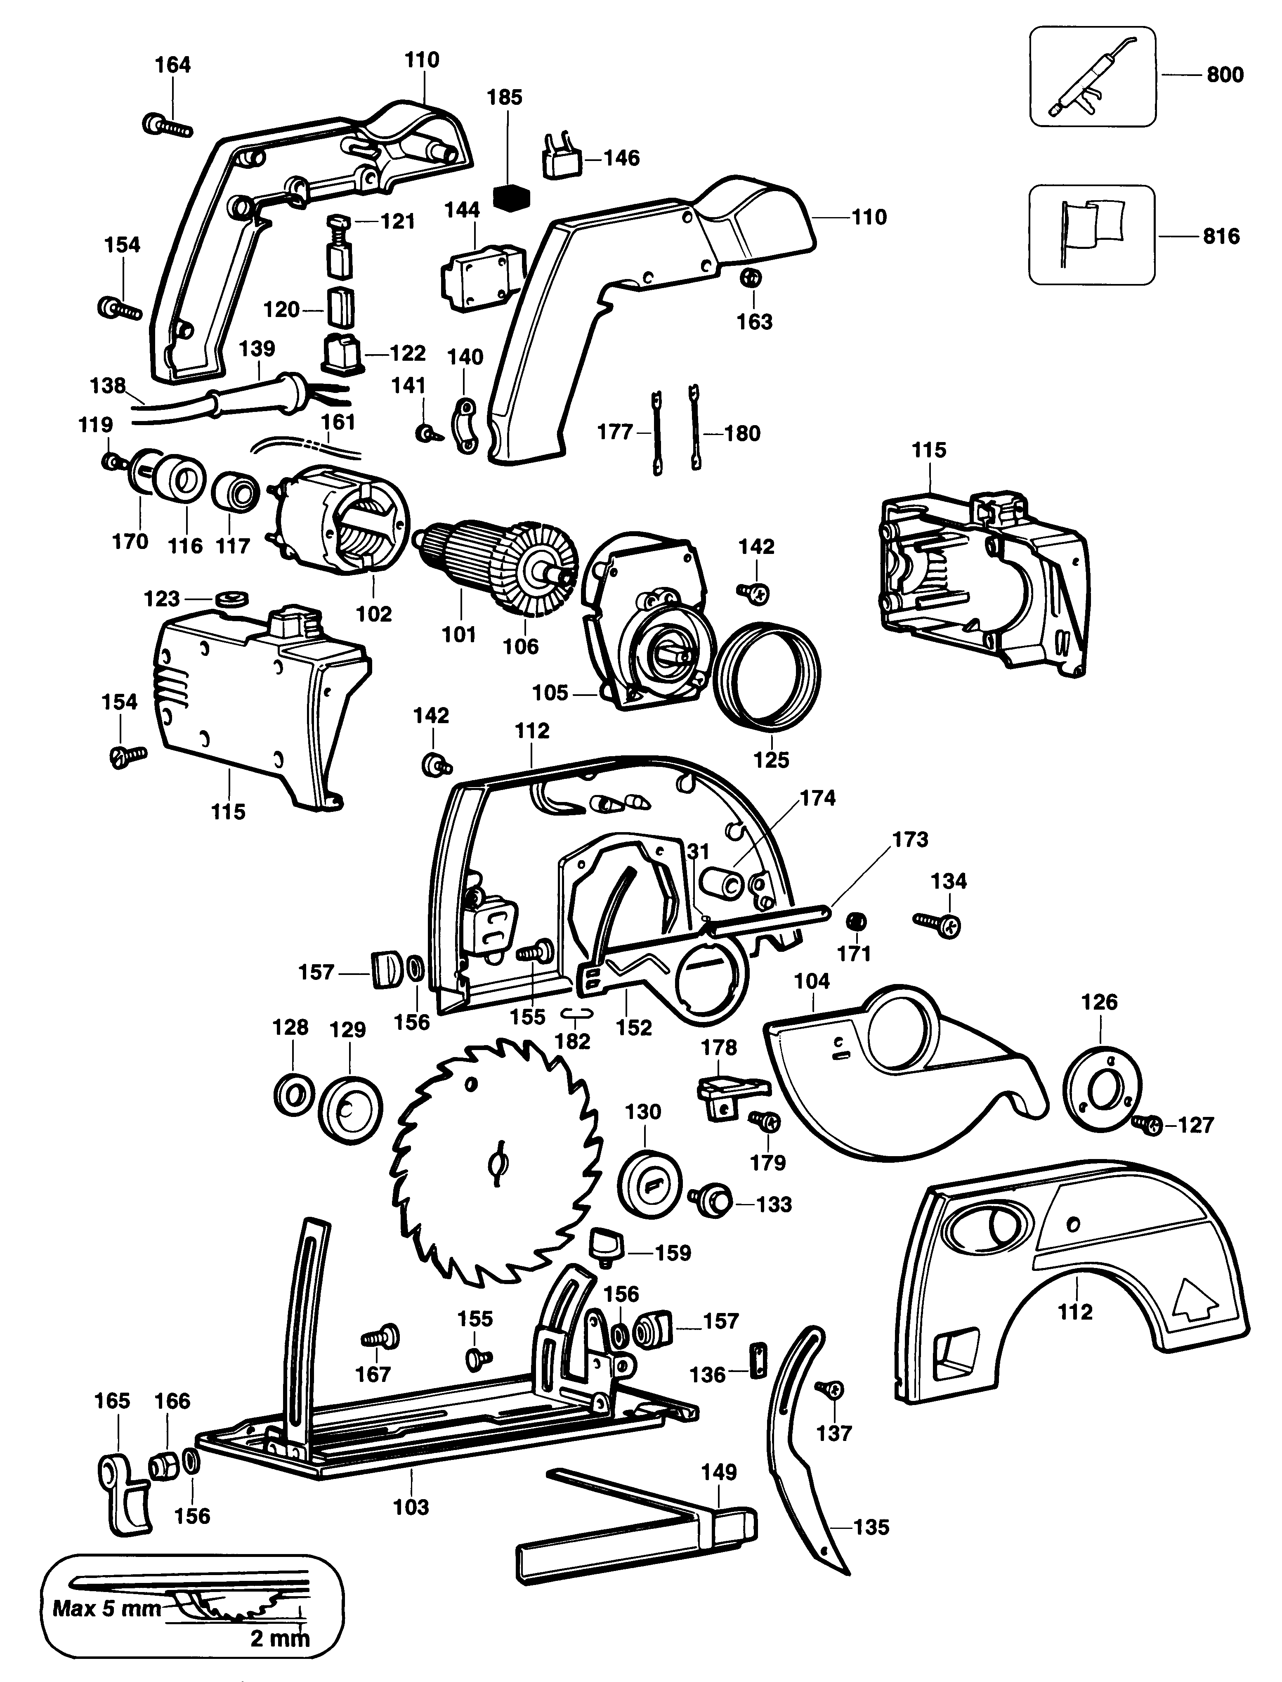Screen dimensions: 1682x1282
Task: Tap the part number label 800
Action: coord(1225,75)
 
